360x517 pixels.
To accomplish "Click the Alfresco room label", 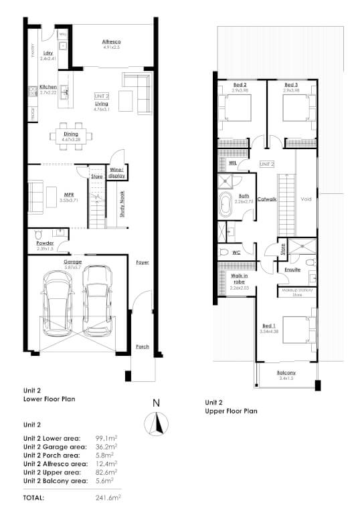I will [110, 41].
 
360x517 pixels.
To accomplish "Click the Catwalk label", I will [268, 199].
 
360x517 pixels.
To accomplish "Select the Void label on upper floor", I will [306, 199].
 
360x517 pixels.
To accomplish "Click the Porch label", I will [142, 346].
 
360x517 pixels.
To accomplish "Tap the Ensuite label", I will [292, 270].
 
